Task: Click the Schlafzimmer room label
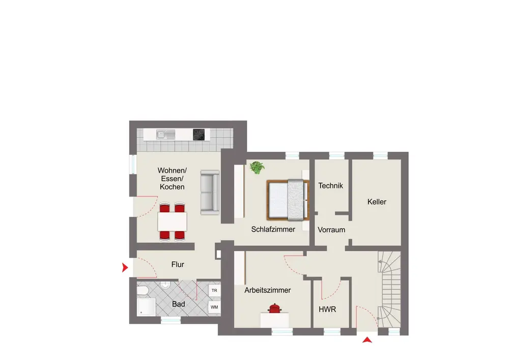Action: point(273,229)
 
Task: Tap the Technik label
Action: point(330,186)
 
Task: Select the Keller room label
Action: point(377,202)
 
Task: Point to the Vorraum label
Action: point(331,230)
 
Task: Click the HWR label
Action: point(327,310)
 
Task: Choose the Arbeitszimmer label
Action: point(268,290)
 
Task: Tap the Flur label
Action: point(178,265)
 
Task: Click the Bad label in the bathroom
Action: point(178,304)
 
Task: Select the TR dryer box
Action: point(214,291)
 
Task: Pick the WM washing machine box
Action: point(214,307)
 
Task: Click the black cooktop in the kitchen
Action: point(199,134)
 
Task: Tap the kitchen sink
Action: point(165,134)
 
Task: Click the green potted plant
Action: point(257,168)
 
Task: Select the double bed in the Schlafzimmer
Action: point(288,199)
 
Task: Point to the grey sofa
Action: point(210,192)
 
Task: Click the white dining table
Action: point(173,221)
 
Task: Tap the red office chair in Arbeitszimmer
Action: point(275,309)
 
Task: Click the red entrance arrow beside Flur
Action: point(125,267)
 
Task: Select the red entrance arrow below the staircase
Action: point(367,340)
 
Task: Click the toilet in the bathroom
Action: point(143,290)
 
